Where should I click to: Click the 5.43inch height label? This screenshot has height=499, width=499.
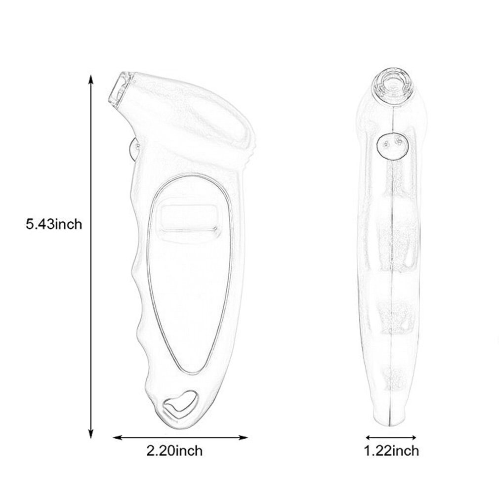pyautogui.click(x=54, y=224)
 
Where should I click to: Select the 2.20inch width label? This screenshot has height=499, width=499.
pyautogui.click(x=174, y=450)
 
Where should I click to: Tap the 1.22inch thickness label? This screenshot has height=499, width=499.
pyautogui.click(x=391, y=450)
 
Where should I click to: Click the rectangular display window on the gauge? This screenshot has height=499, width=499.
pyautogui.click(x=189, y=218)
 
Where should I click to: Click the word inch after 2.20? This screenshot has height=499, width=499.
pyautogui.click(x=187, y=450)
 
